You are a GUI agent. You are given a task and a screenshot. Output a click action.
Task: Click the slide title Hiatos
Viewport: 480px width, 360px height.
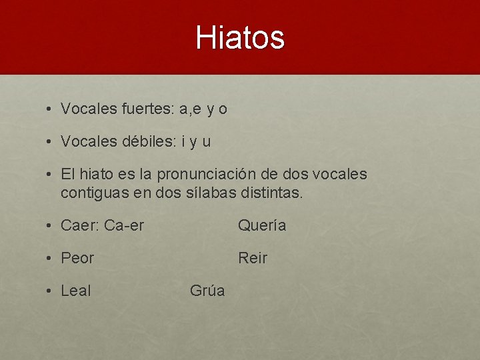click(x=240, y=38)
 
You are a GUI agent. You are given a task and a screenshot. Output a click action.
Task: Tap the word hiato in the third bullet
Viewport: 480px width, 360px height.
click(x=97, y=175)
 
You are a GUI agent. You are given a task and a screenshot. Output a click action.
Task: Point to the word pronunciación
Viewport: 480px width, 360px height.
click(x=210, y=175)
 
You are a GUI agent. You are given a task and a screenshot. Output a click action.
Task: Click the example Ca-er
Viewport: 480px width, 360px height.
click(x=124, y=226)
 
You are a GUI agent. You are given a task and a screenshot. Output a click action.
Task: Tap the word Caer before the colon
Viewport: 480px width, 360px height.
click(x=79, y=226)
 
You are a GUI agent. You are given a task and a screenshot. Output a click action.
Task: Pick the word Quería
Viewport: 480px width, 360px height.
click(x=262, y=226)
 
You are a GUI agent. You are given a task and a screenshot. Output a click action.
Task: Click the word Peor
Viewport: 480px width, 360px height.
click(x=77, y=258)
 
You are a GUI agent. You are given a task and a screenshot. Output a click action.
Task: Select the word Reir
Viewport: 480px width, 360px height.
click(x=253, y=258)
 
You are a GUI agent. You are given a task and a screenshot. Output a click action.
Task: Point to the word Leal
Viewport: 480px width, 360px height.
click(x=75, y=291)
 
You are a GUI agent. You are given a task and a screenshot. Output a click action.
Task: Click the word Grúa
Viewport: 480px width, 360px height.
click(x=207, y=291)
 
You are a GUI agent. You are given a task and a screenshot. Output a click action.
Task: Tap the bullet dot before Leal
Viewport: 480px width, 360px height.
click(x=50, y=291)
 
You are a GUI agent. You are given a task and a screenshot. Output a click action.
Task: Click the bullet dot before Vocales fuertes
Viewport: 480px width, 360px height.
click(x=50, y=109)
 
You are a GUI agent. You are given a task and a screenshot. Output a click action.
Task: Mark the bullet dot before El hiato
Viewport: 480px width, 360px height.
click(x=50, y=175)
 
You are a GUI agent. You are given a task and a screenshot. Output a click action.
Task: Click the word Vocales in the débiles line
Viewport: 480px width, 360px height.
click(x=89, y=141)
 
